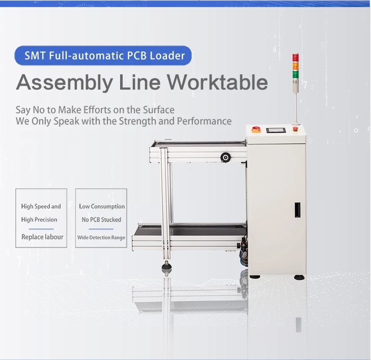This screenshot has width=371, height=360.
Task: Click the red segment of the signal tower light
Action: [295, 58]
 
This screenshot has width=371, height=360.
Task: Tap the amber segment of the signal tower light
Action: [295, 66]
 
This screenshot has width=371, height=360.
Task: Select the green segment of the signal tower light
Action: [295, 74]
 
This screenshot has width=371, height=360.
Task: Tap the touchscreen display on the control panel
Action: [276, 130]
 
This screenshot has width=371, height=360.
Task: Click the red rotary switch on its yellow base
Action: [256, 129]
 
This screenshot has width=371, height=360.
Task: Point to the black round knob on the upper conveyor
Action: [225, 157]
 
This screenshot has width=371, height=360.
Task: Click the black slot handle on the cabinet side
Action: [297, 210]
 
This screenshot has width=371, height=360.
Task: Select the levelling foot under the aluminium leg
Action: [166, 268]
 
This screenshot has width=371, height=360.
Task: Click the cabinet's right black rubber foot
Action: [299, 277]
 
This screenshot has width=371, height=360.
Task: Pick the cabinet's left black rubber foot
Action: [255, 276]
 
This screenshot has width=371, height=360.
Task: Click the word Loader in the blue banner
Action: [167, 56]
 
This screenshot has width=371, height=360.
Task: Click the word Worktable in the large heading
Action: [218, 82]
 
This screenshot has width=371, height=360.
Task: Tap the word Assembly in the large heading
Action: [65, 83]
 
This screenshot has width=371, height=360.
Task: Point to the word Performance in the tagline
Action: [204, 121]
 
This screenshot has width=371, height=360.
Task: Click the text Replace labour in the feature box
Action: [42, 237]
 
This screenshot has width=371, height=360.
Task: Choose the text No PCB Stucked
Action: [101, 219]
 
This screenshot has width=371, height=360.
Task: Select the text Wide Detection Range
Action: [101, 237]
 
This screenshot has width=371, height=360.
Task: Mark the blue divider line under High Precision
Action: [41, 229]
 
